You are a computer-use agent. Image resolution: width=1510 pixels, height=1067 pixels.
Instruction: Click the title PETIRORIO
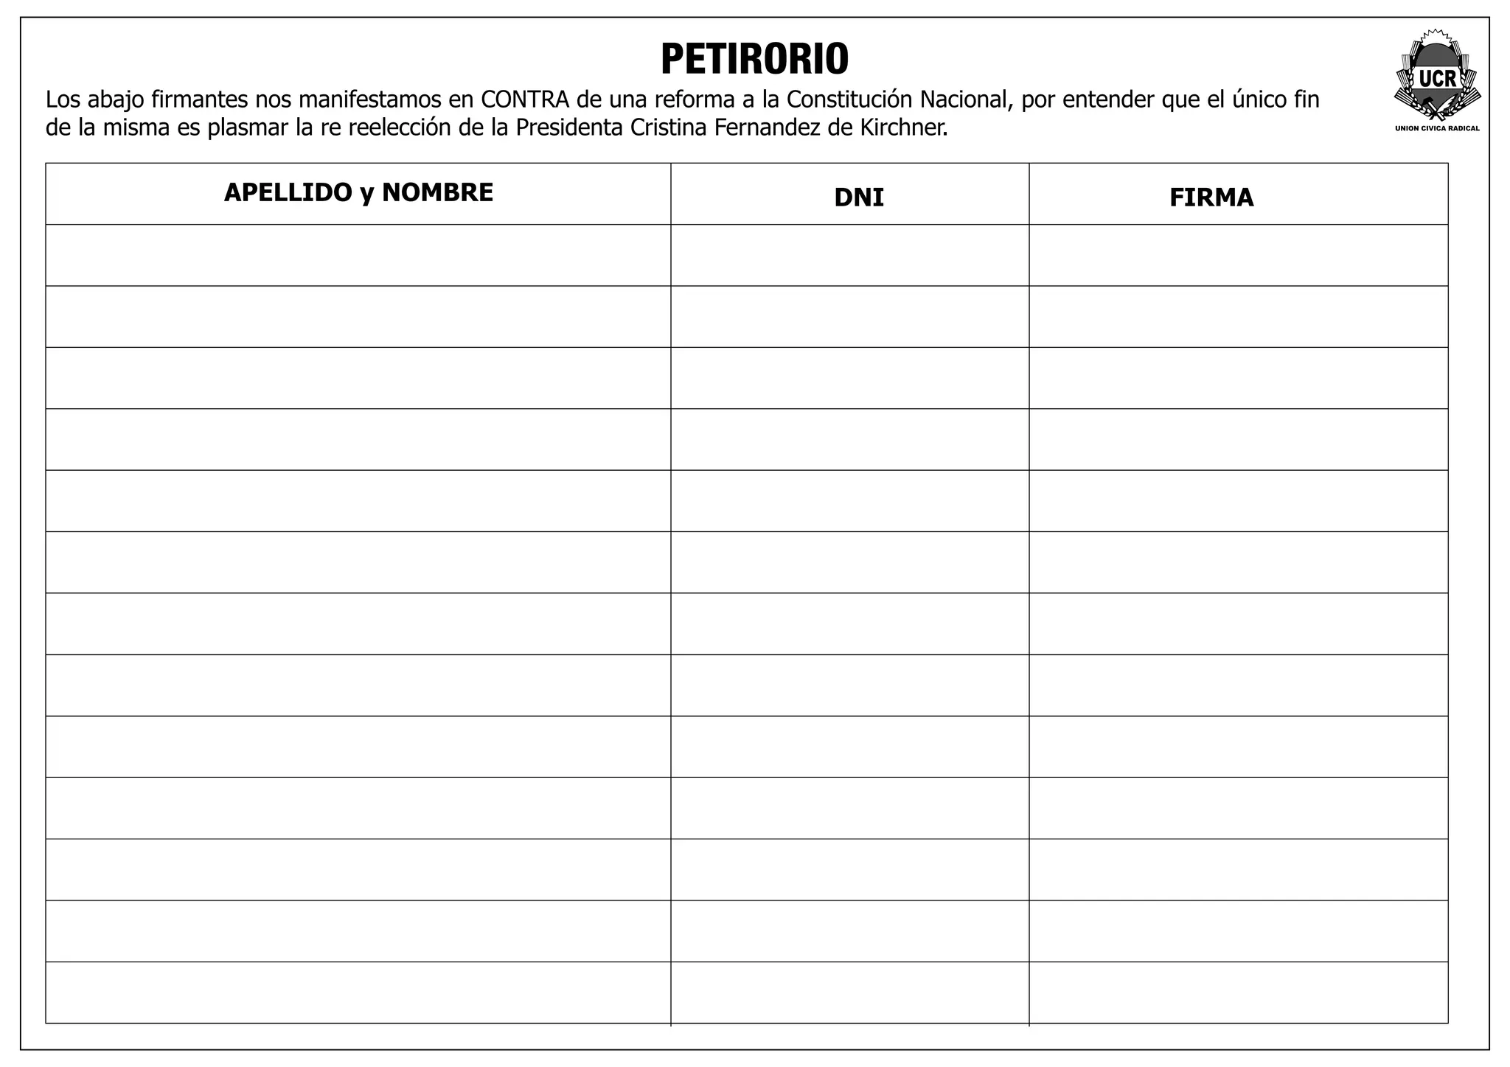click(x=754, y=59)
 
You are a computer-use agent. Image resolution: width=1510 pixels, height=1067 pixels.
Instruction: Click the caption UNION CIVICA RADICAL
click(x=1437, y=128)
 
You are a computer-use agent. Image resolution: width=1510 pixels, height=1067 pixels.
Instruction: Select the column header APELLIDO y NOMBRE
click(x=358, y=192)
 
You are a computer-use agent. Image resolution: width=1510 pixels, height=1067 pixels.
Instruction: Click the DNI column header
click(x=858, y=197)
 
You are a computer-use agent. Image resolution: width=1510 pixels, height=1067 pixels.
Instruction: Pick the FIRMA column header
click(x=1211, y=197)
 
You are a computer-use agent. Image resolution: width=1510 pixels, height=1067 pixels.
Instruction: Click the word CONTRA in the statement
click(x=525, y=99)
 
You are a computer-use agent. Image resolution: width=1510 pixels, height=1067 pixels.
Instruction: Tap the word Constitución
click(x=850, y=99)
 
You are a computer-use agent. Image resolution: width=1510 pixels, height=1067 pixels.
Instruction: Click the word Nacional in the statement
click(x=964, y=99)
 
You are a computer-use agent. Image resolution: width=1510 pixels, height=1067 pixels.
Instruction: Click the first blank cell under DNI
click(x=849, y=255)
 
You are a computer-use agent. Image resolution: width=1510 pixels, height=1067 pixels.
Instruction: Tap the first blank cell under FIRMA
click(x=1238, y=255)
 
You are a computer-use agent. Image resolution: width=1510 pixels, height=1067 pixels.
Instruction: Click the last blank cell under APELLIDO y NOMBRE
click(x=358, y=992)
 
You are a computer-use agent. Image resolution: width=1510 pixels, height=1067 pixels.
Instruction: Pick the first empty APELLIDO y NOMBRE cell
click(x=358, y=255)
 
